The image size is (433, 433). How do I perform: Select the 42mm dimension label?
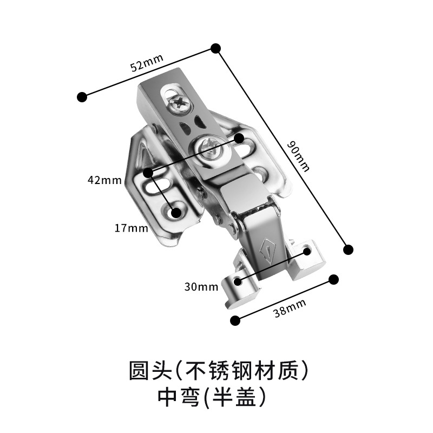[x=107, y=180]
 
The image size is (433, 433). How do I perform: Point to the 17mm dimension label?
[x=131, y=228]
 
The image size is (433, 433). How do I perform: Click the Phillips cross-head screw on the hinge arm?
[x=179, y=103]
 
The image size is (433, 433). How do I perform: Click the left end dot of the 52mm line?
[x=82, y=97]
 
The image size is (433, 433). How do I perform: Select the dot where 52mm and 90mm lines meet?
[x=215, y=48]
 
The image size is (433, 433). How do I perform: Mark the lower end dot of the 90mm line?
[x=349, y=250]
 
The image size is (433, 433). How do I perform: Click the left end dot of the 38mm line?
[x=235, y=320]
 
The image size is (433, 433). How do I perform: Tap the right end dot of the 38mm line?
[x=334, y=279]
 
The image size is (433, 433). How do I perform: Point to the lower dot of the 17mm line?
[x=175, y=212]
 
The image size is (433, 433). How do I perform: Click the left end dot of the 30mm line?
[x=237, y=281]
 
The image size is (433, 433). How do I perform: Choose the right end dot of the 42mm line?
[x=239, y=138]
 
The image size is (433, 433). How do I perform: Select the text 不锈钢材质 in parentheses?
[x=246, y=371]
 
